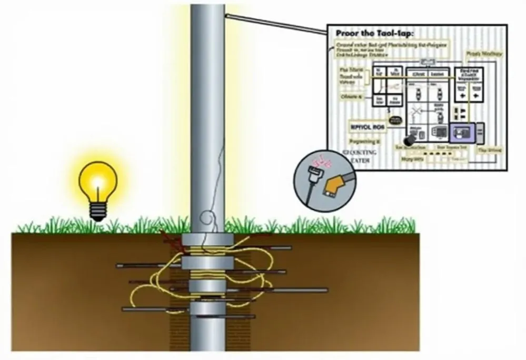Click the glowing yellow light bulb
point(97,182)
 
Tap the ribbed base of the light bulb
point(97,212)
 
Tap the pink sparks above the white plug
point(317,160)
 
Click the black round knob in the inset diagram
point(409,141)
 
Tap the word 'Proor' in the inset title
point(348,34)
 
